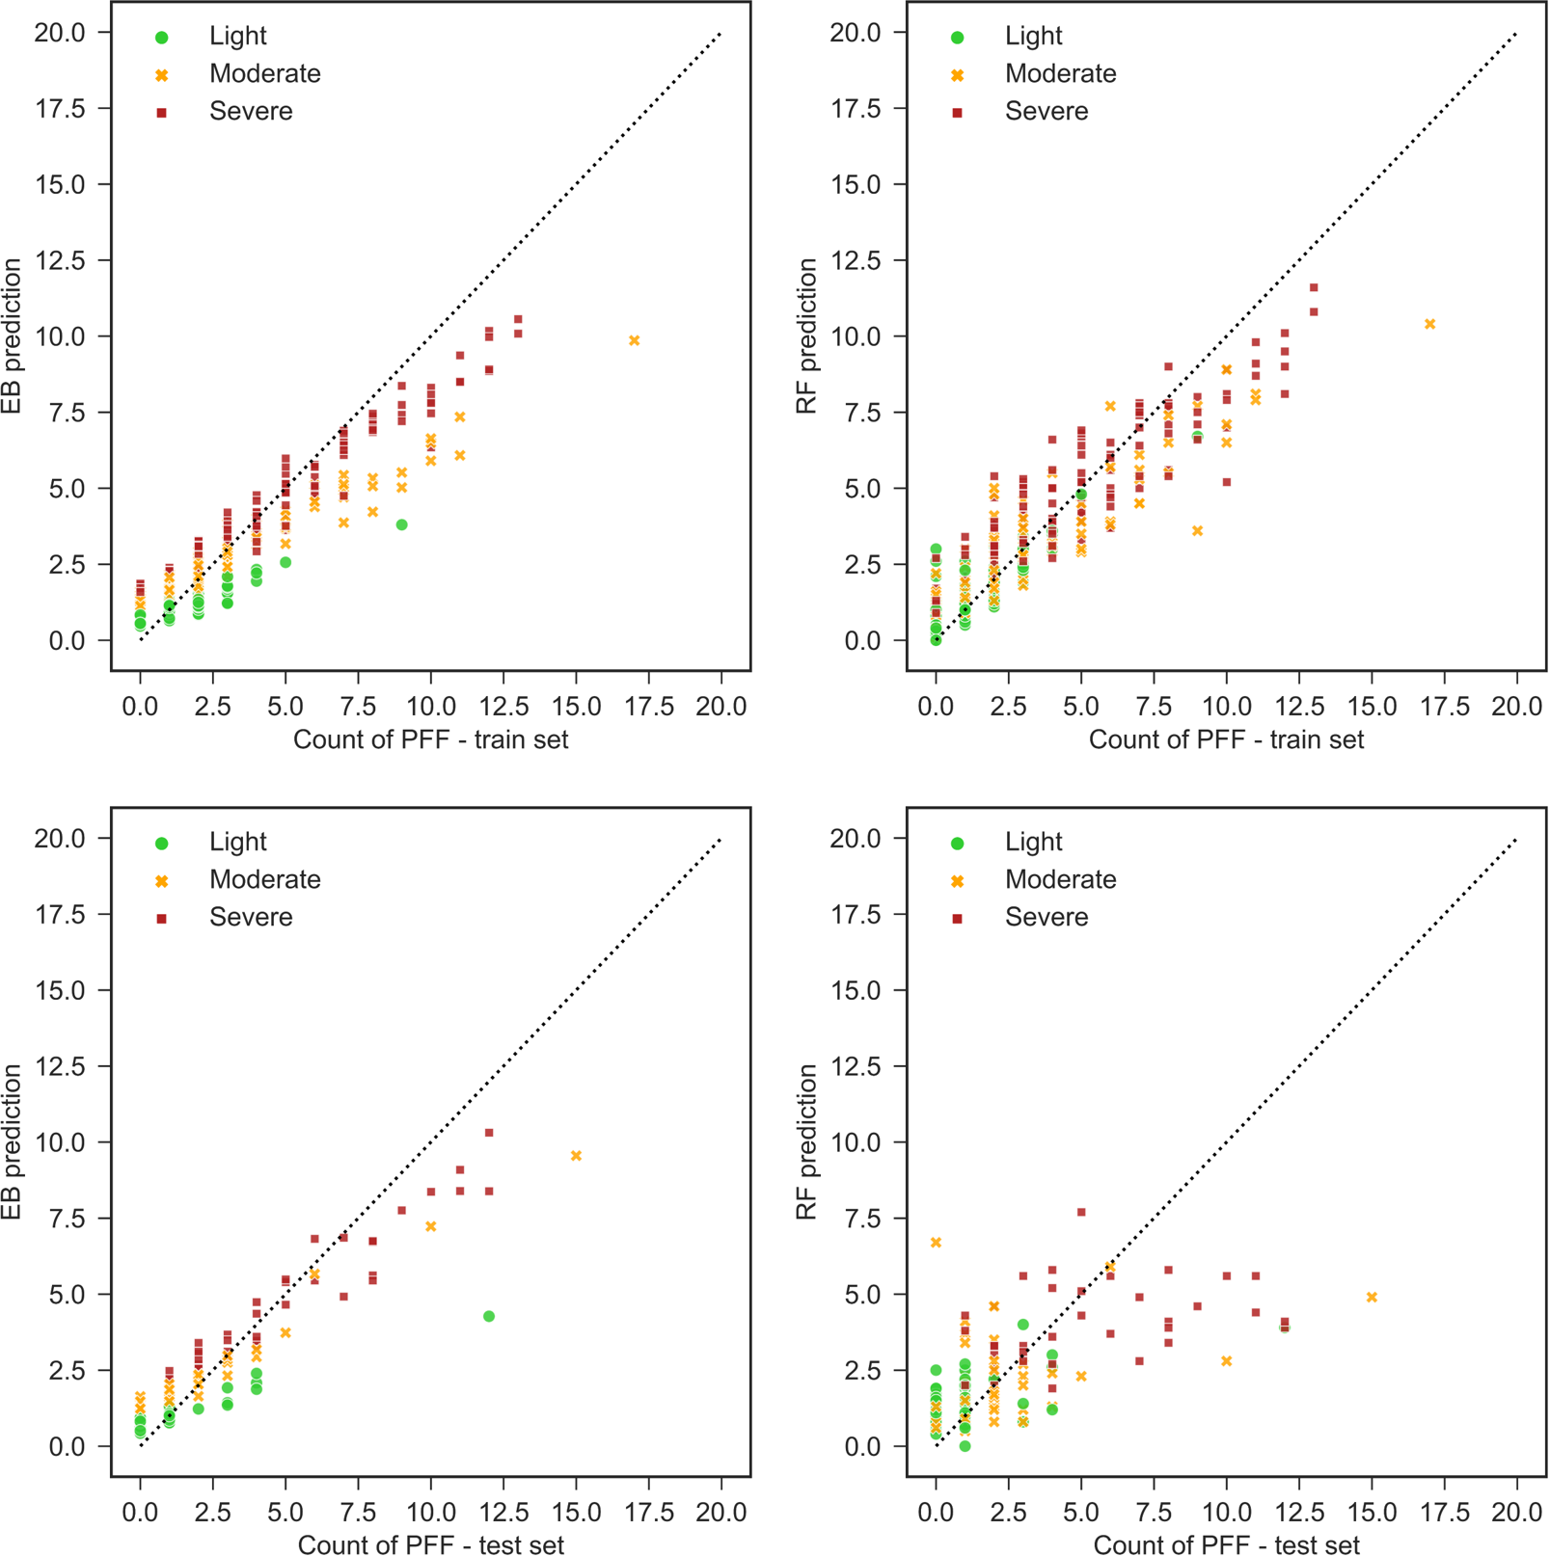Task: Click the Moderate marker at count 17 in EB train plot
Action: tap(634, 340)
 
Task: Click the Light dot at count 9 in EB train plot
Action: tap(401, 524)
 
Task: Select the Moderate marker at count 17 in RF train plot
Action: tap(1429, 324)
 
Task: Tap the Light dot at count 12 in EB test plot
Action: tap(489, 1316)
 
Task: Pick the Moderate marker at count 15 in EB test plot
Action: tap(576, 1155)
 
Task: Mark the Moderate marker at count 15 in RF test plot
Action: tap(1372, 1297)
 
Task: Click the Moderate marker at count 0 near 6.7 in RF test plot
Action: tap(936, 1242)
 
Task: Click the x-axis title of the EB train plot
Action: tap(430, 739)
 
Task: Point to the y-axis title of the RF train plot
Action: tap(806, 335)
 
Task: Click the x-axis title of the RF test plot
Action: tap(1226, 1544)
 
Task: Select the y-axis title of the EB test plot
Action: tap(12, 1141)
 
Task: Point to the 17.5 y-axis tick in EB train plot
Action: tap(60, 108)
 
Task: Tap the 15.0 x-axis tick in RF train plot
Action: tap(1372, 707)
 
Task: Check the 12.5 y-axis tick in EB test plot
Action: tap(60, 1066)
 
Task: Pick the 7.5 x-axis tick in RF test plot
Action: tap(1154, 1513)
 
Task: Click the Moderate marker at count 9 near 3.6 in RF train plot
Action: tap(1197, 530)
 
